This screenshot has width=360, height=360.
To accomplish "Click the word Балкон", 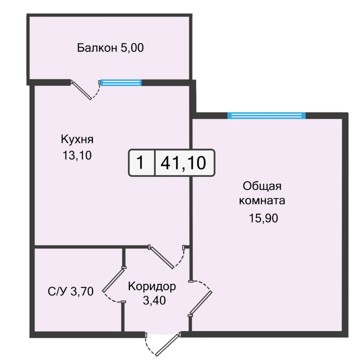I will (x=96, y=48).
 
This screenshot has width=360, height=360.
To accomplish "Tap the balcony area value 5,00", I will (x=131, y=48).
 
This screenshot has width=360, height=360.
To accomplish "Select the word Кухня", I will (x=77, y=139).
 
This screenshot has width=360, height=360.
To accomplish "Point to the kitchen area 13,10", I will (x=77, y=155).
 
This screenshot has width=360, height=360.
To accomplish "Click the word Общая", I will (x=262, y=186).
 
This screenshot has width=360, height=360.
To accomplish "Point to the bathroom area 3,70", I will (x=82, y=292).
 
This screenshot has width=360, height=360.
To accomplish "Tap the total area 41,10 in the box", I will (x=184, y=163).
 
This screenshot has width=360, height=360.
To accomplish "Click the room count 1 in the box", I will (x=141, y=163).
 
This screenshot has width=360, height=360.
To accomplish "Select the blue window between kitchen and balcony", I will (x=120, y=82).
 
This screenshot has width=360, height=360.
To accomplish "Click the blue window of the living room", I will (x=266, y=115).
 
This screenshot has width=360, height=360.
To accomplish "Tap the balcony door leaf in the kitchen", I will (x=81, y=90).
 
